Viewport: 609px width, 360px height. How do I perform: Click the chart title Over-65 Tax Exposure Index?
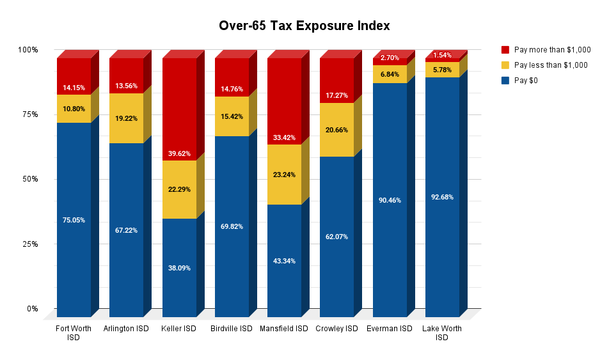point(304,26)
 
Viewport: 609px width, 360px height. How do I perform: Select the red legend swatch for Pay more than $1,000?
point(505,49)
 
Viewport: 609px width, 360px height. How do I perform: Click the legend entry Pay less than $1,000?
point(550,65)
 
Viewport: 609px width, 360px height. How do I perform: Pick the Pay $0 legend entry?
point(528,81)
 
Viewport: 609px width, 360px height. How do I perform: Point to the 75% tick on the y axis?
point(28,114)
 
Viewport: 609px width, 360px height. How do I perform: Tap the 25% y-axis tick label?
point(28,244)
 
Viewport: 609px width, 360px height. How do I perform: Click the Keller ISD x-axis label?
point(179,329)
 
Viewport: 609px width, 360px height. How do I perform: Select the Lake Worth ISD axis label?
point(442,333)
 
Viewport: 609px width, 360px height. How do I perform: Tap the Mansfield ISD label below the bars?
point(284,329)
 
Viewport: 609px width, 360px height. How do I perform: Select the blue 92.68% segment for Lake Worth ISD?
point(442,197)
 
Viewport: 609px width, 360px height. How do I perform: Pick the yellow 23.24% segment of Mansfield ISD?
point(284,174)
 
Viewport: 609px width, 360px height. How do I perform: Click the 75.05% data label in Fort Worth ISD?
point(74,220)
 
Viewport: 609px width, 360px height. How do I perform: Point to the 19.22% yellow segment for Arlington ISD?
point(126,118)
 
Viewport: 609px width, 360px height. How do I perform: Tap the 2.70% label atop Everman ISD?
point(390,58)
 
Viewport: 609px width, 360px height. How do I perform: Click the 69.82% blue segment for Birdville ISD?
point(232,226)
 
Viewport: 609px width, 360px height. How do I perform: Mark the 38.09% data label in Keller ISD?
point(179,268)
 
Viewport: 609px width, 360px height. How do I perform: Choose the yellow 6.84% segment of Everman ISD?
point(390,74)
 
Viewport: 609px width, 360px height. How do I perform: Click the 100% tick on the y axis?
point(28,50)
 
